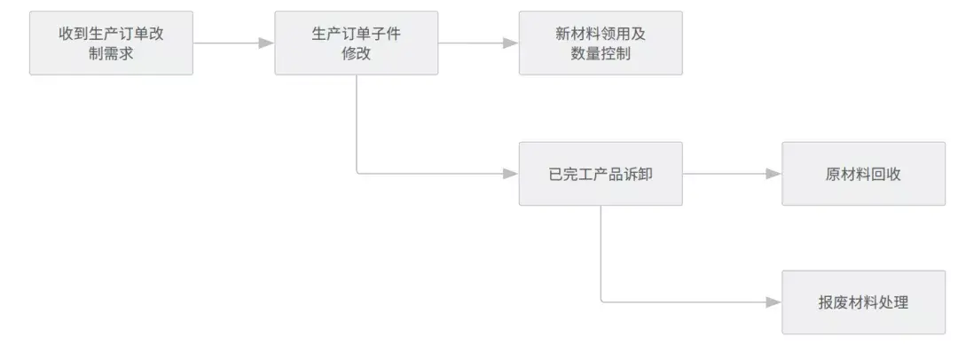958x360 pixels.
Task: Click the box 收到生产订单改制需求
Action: tap(111, 43)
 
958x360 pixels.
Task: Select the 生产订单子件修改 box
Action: tap(357, 43)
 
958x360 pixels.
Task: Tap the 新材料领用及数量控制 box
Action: tap(601, 43)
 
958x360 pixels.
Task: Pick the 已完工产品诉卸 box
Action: tap(601, 174)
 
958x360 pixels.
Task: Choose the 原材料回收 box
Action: tap(863, 174)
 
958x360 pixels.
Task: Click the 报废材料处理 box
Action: tap(863, 302)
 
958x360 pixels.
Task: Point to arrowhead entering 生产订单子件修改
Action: tap(266, 43)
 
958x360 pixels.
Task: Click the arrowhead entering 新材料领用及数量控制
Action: tap(511, 43)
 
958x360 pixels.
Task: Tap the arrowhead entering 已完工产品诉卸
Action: tap(511, 174)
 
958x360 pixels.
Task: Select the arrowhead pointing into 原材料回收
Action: tap(774, 174)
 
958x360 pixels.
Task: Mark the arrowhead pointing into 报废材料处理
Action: tap(774, 302)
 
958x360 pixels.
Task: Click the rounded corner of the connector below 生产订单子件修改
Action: tap(358, 172)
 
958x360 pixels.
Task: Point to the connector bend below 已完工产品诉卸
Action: tap(602, 301)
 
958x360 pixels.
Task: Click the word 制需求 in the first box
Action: tap(111, 53)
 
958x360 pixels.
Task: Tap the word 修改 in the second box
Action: tap(357, 53)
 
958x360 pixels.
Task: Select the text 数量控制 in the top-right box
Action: tap(601, 53)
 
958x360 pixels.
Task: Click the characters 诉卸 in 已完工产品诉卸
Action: tap(638, 174)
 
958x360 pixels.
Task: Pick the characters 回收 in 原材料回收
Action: tap(886, 174)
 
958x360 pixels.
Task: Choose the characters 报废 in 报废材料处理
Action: tap(833, 302)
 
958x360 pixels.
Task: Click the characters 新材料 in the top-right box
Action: tap(577, 34)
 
